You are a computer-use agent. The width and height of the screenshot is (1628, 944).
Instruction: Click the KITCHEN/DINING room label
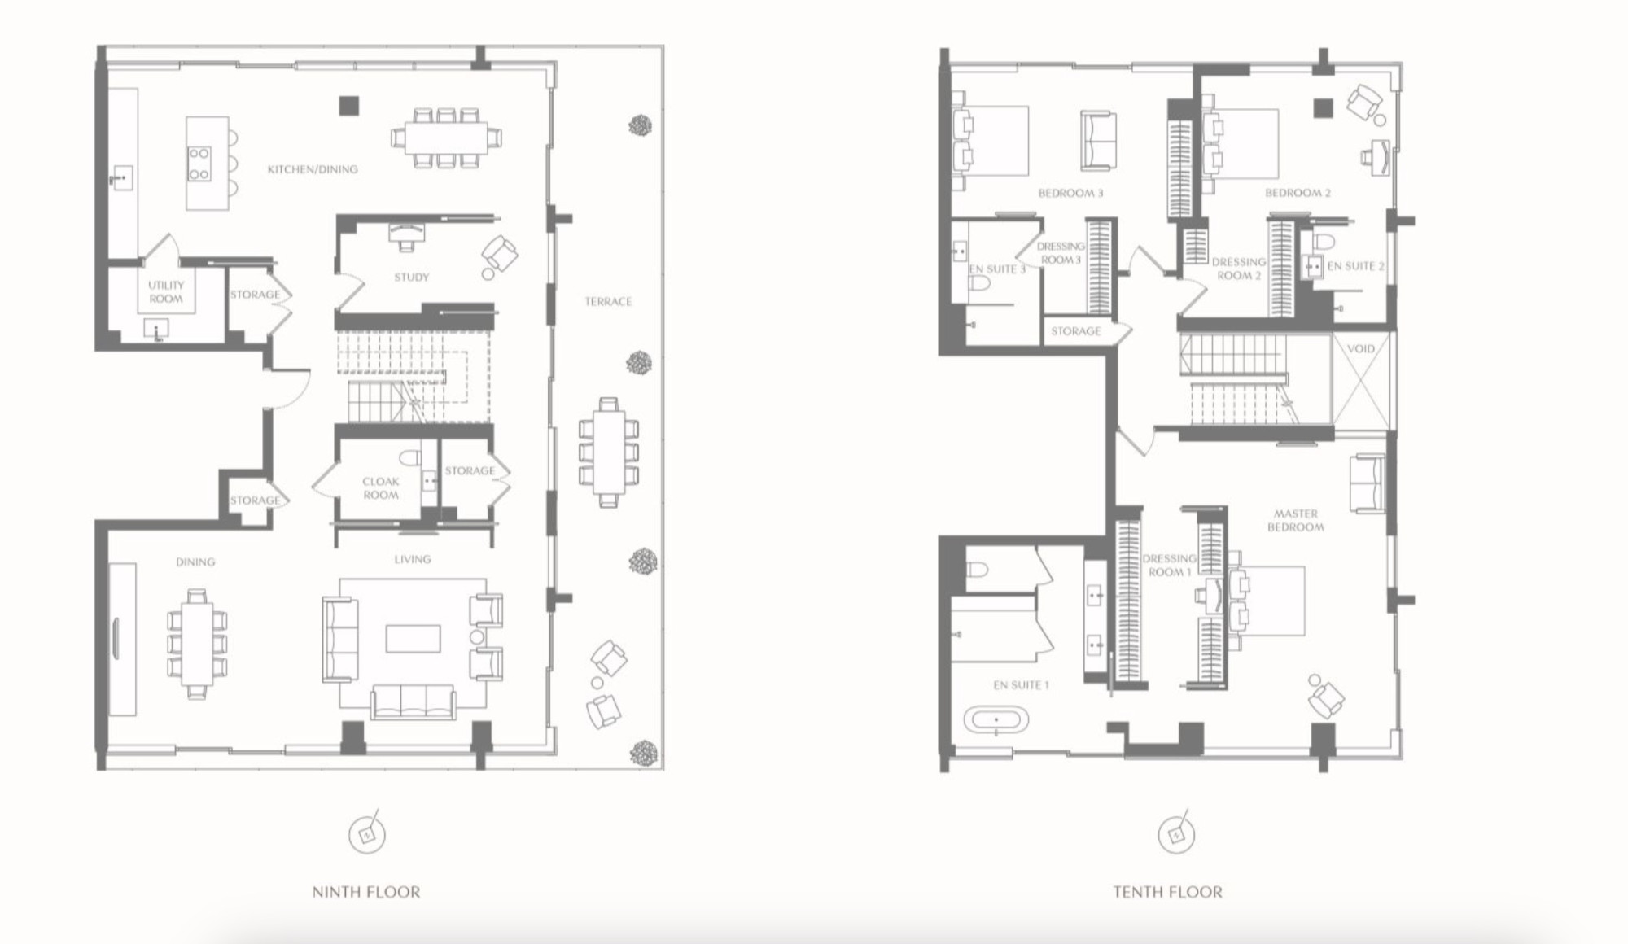tap(313, 169)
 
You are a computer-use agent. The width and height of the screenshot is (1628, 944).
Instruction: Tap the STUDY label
tap(412, 278)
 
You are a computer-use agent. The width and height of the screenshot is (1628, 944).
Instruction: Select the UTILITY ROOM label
tap(166, 292)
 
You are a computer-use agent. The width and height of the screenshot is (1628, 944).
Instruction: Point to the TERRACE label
tap(608, 302)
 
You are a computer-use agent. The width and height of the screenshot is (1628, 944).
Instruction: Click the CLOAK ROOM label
tap(381, 488)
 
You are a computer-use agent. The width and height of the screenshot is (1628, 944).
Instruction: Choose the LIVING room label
tap(413, 559)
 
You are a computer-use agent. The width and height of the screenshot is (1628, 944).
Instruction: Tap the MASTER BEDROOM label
tap(1296, 520)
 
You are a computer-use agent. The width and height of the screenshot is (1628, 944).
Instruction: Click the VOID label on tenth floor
tap(1361, 349)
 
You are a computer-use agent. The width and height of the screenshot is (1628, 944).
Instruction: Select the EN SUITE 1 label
tap(1021, 685)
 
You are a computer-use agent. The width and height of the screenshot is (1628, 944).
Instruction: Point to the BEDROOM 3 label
tap(1070, 194)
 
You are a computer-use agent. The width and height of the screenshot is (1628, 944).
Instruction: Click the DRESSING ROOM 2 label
tap(1239, 269)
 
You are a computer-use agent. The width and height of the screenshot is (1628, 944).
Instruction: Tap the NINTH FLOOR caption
tap(366, 892)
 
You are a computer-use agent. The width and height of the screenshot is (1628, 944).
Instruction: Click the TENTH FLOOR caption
tap(1168, 892)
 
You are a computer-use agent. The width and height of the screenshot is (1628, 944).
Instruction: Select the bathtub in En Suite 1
tap(996, 720)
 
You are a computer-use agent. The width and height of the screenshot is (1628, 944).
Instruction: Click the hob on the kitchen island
tap(199, 164)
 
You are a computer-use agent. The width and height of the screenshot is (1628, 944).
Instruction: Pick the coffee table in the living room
tap(414, 639)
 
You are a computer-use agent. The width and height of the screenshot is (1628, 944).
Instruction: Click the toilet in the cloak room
tap(410, 457)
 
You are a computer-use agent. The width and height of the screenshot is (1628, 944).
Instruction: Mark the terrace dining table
tap(608, 452)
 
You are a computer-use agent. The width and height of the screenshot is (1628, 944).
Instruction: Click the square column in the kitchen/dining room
tap(349, 106)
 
